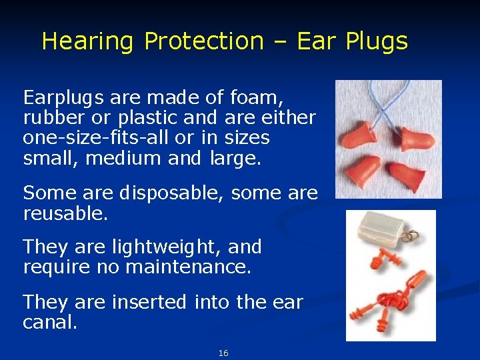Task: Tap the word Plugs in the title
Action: coord(377,41)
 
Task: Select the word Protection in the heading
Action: coord(204,41)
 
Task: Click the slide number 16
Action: coord(223,353)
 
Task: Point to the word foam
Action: coord(257,98)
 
